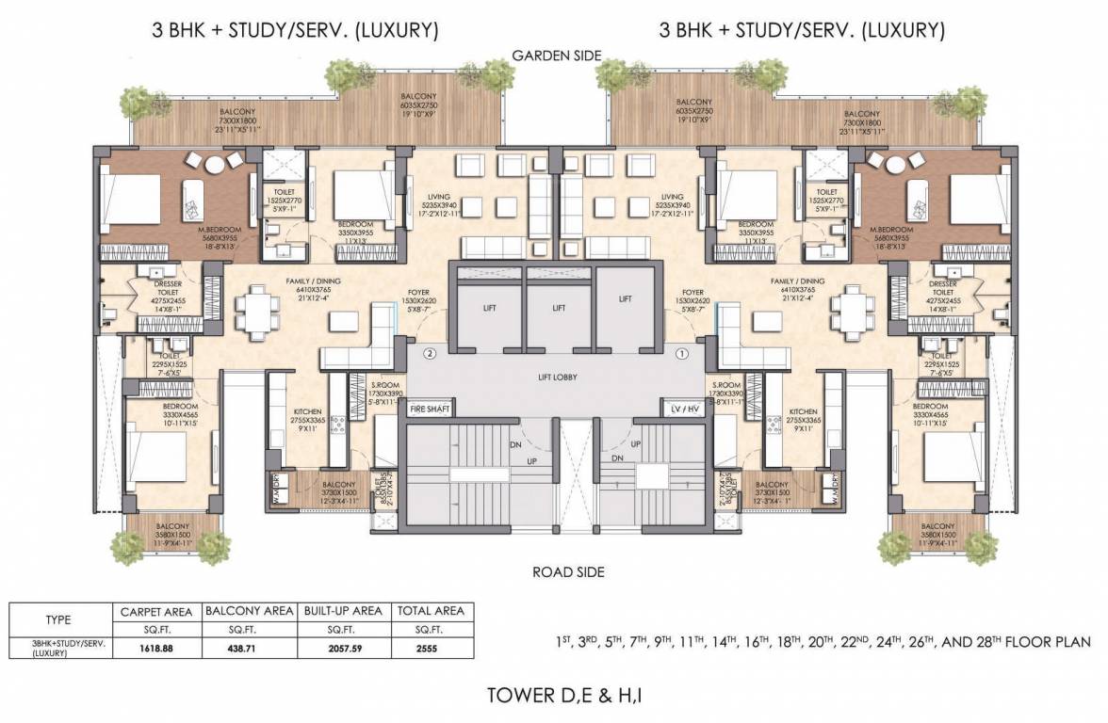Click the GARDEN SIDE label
click(556, 56)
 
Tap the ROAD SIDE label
click(568, 571)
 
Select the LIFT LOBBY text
click(554, 378)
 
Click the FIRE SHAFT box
click(430, 409)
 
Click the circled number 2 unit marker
click(430, 354)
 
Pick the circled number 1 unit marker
click(682, 354)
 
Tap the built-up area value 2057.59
click(342, 648)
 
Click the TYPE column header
click(58, 620)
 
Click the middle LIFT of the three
click(559, 308)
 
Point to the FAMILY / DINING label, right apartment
click(798, 281)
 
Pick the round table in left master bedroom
click(215, 164)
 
